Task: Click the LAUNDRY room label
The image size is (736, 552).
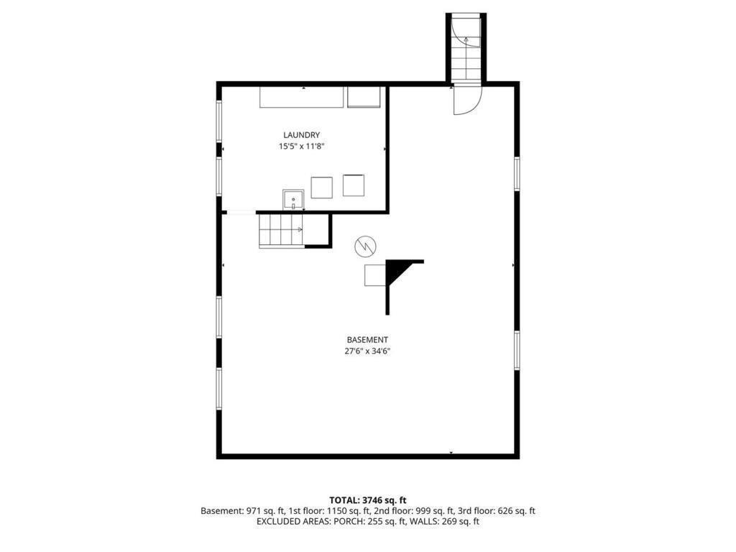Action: (x=301, y=134)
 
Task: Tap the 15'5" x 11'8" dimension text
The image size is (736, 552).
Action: (x=301, y=146)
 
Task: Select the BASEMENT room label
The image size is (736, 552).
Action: (x=367, y=340)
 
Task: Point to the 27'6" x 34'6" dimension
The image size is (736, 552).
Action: (x=367, y=351)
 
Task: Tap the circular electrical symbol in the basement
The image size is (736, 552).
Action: (x=364, y=247)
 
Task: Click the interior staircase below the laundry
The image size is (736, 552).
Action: (x=281, y=230)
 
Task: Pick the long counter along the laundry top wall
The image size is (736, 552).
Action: (x=302, y=96)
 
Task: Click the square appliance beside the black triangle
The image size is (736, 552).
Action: (x=376, y=275)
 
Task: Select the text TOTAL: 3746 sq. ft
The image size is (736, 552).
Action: (x=368, y=500)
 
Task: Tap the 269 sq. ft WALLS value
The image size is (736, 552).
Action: (x=458, y=522)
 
